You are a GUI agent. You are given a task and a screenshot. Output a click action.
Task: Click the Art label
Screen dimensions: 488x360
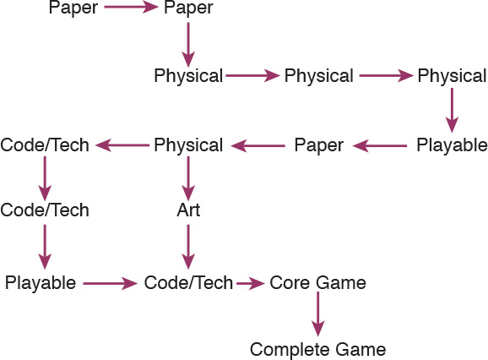188,210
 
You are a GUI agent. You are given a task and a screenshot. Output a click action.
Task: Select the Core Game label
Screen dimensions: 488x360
317,283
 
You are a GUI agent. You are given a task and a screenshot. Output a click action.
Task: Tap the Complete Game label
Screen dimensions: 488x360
317,350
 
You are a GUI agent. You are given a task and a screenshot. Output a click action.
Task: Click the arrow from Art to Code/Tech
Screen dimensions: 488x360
188,247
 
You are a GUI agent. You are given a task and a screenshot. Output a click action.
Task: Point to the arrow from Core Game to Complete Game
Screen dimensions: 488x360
317,314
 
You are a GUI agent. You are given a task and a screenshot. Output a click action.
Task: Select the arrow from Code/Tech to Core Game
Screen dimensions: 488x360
251,283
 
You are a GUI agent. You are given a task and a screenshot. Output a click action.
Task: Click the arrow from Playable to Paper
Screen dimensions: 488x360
380,145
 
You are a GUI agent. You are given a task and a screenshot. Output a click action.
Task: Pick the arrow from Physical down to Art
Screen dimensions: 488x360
188,178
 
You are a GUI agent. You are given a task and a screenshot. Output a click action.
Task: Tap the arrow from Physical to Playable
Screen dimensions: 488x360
452,111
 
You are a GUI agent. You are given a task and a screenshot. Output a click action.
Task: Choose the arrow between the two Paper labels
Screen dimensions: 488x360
132,7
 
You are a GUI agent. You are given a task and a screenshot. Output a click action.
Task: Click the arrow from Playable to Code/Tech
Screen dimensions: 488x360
110,283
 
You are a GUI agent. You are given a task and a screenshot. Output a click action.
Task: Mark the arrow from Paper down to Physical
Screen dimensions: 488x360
188,45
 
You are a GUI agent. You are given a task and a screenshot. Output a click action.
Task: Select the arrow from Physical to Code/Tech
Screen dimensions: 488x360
122,145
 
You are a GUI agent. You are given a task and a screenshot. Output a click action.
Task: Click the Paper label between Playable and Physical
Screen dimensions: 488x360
319,145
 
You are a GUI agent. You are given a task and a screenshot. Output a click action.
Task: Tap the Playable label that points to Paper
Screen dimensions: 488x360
452,145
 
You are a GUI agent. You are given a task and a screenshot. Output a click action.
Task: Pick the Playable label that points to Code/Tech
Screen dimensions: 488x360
41,283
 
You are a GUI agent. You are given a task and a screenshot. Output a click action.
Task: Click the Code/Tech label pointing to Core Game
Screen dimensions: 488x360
188,283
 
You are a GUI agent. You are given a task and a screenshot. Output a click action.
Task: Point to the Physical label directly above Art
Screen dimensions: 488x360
188,145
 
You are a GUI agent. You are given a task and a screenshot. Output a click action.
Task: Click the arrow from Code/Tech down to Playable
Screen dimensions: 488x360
45,247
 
